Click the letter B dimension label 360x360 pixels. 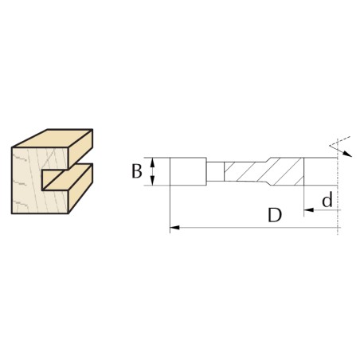click(137, 171)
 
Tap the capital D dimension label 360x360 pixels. click(275, 215)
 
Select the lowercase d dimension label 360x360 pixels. click(327, 199)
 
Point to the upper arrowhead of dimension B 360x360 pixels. click(152, 162)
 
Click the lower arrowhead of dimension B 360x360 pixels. click(152, 181)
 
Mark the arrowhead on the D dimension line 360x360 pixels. click(174, 228)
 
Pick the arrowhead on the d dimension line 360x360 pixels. click(308, 210)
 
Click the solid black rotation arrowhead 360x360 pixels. click(347, 154)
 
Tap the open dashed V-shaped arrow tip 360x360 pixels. click(330, 145)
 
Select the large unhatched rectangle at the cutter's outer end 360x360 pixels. click(188, 171)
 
